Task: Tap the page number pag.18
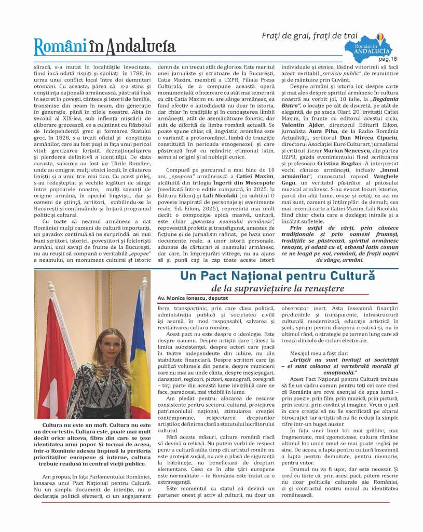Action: click(398, 59)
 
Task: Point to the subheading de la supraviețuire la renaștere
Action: click(278, 288)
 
